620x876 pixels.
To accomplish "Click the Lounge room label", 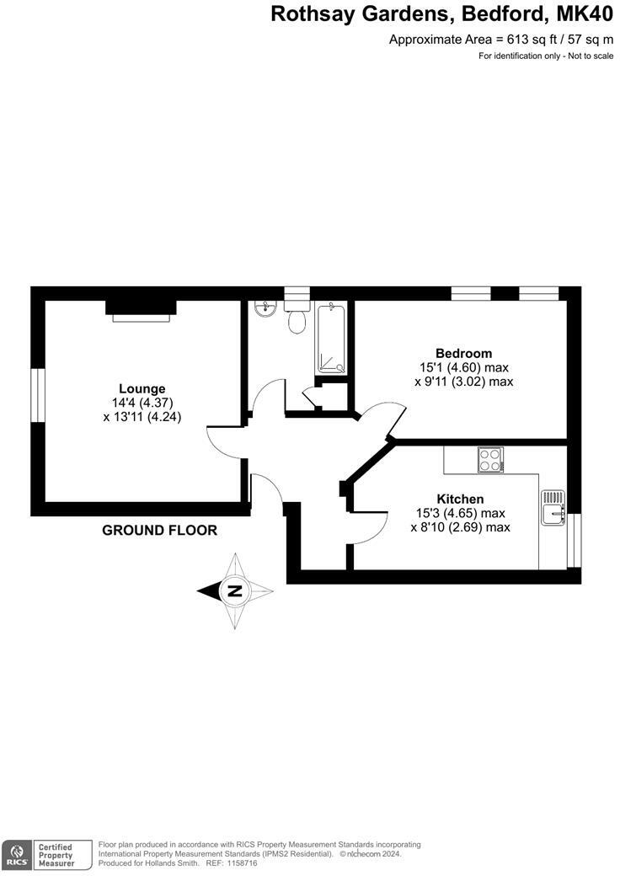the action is (142, 388).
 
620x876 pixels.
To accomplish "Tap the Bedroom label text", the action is (463, 353).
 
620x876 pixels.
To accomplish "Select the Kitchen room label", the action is (460, 499).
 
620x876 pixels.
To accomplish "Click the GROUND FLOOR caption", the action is (159, 531).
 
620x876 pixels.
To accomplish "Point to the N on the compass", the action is (235, 590).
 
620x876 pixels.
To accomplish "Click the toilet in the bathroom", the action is (296, 321).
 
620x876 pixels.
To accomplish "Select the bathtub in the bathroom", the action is (331, 339).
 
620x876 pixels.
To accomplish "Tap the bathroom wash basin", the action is (264, 308).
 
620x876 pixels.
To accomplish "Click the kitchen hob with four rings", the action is (490, 459).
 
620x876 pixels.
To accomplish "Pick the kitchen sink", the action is (553, 508).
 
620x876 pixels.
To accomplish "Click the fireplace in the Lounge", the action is (141, 309).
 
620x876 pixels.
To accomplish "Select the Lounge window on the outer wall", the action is (37, 393).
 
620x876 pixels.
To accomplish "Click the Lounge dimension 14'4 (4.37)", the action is (142, 403).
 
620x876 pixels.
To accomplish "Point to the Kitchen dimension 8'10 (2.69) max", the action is (460, 527).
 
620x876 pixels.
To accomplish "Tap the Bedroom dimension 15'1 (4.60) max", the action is (464, 367).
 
